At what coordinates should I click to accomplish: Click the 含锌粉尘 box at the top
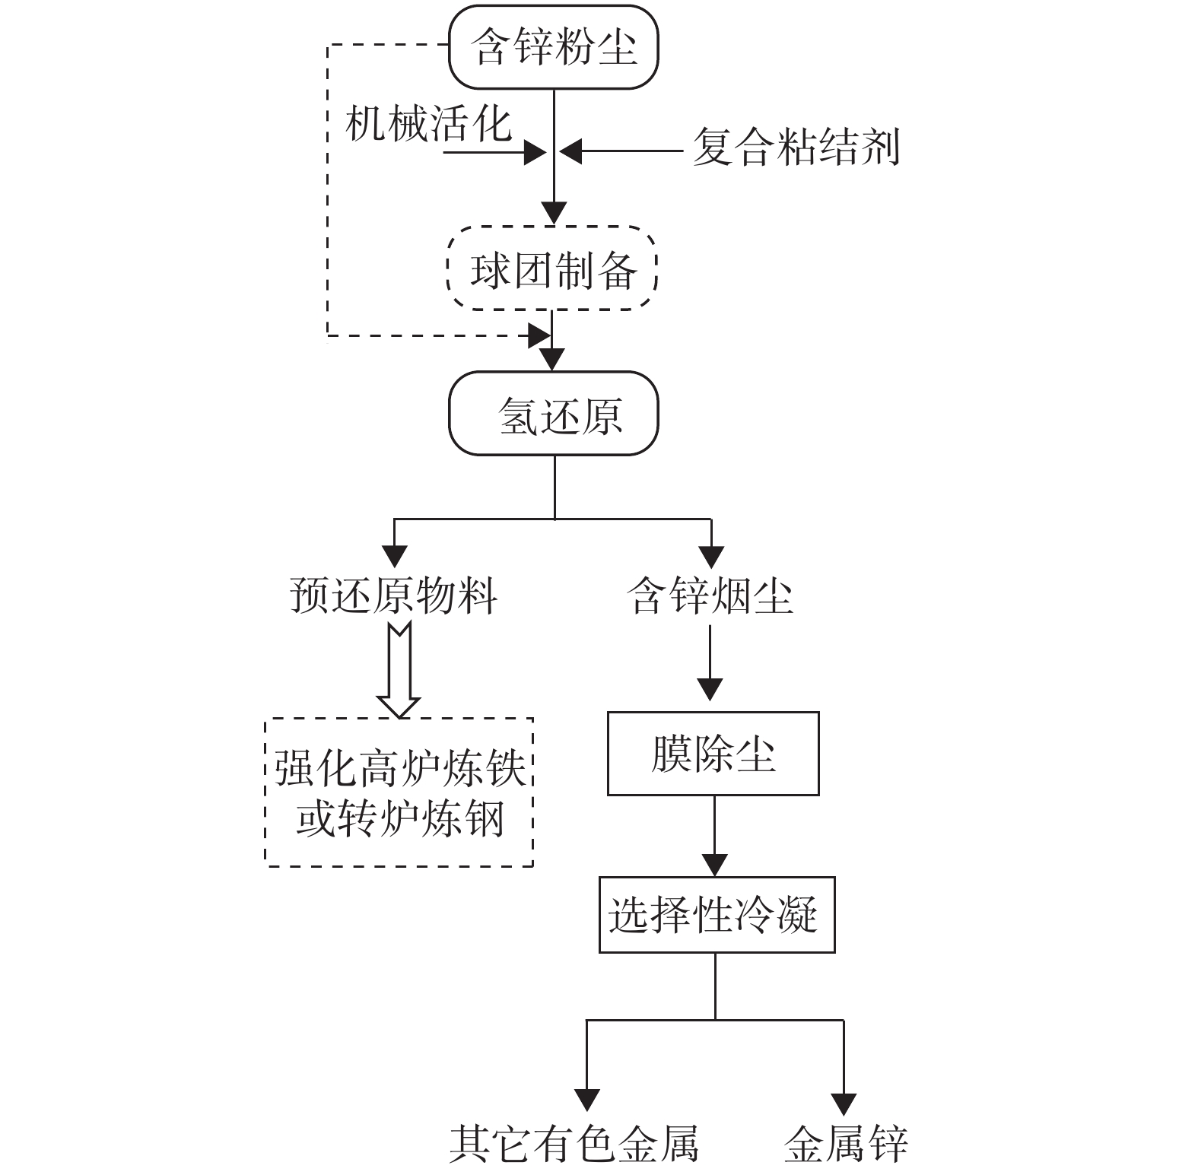[x=553, y=47]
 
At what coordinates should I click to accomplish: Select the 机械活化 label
[x=428, y=123]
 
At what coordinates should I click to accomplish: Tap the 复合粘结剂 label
[x=796, y=147]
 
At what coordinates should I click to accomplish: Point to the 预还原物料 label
[x=394, y=595]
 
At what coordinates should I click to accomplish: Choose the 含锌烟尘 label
[x=710, y=595]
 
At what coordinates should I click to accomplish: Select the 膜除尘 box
[x=713, y=754]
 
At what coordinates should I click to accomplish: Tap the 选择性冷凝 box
[x=717, y=914]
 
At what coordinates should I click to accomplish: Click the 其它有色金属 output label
[x=574, y=1142]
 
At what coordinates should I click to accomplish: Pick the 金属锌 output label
[x=846, y=1142]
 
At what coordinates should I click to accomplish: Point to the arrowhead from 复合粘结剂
[x=571, y=151]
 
